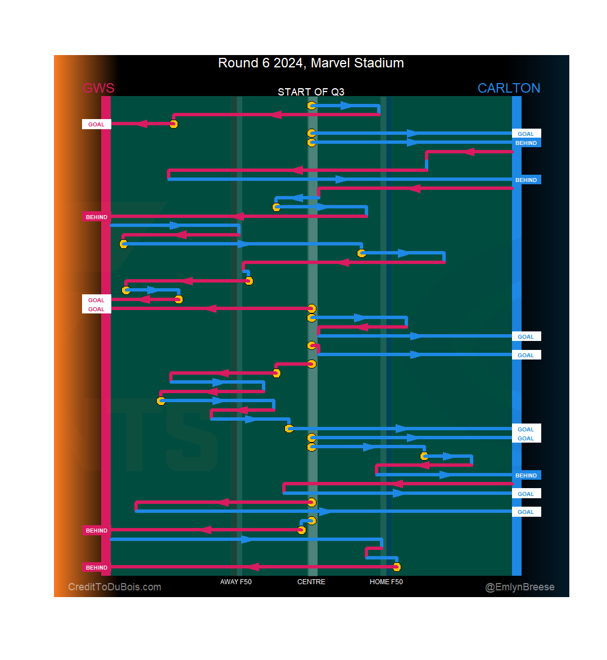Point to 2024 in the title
(x=288, y=63)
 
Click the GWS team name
(x=98, y=88)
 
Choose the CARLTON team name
(x=509, y=88)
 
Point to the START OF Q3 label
(x=311, y=92)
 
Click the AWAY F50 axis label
(x=236, y=582)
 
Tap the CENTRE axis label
(x=311, y=582)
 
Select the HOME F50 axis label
(x=386, y=582)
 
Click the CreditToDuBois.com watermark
(x=115, y=587)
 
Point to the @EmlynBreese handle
(x=520, y=587)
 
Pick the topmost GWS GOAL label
(x=96, y=125)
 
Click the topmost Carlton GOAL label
(x=526, y=134)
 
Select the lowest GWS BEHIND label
(x=97, y=567)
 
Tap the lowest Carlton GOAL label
(x=526, y=512)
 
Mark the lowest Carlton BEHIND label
(x=526, y=475)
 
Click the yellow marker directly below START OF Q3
(x=311, y=106)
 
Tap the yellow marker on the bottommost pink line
(x=397, y=567)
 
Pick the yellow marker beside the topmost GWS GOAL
(x=174, y=124)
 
